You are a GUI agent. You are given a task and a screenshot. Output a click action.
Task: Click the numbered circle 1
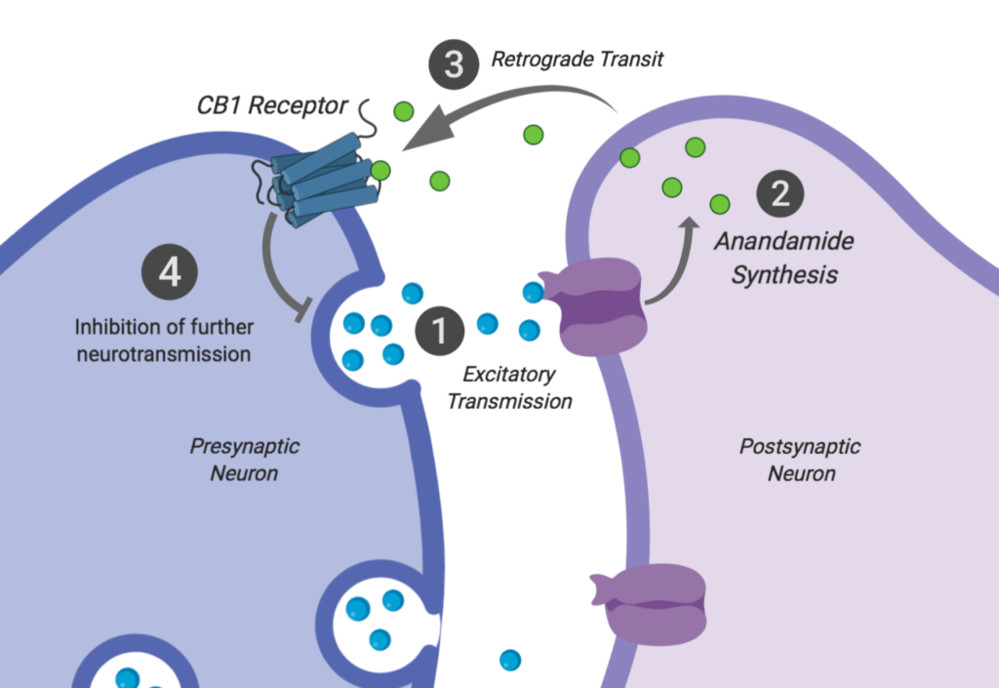(x=440, y=331)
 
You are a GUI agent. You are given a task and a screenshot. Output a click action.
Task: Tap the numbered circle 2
(x=780, y=193)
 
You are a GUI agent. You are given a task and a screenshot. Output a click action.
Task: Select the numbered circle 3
(x=454, y=65)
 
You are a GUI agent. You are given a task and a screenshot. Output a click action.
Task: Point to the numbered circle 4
(x=170, y=271)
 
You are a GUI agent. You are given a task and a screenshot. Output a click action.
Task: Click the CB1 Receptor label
(x=272, y=104)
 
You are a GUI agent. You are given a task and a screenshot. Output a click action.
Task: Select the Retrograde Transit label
(x=577, y=60)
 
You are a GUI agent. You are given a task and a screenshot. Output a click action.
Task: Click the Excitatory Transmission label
(x=508, y=386)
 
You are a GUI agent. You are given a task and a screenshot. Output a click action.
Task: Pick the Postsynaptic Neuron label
(x=800, y=460)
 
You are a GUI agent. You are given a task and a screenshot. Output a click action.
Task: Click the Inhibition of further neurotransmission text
(x=163, y=340)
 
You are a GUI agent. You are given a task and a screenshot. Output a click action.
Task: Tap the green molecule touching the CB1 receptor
(x=380, y=171)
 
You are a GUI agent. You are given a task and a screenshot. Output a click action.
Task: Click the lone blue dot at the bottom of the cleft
(x=509, y=661)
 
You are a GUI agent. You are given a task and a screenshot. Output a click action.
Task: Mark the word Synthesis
(x=784, y=274)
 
